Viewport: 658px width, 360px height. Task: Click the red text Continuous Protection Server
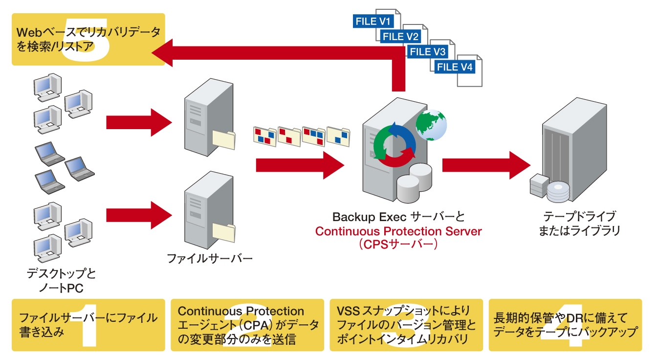point(398,231)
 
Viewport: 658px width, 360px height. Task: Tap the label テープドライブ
point(579,216)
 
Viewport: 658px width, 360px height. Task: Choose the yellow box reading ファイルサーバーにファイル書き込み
point(88,325)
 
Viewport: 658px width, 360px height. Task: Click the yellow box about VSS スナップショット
point(406,325)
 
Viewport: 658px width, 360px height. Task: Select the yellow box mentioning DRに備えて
point(565,325)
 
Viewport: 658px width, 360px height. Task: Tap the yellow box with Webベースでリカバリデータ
point(88,39)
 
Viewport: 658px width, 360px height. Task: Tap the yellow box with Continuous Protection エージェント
point(247,325)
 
